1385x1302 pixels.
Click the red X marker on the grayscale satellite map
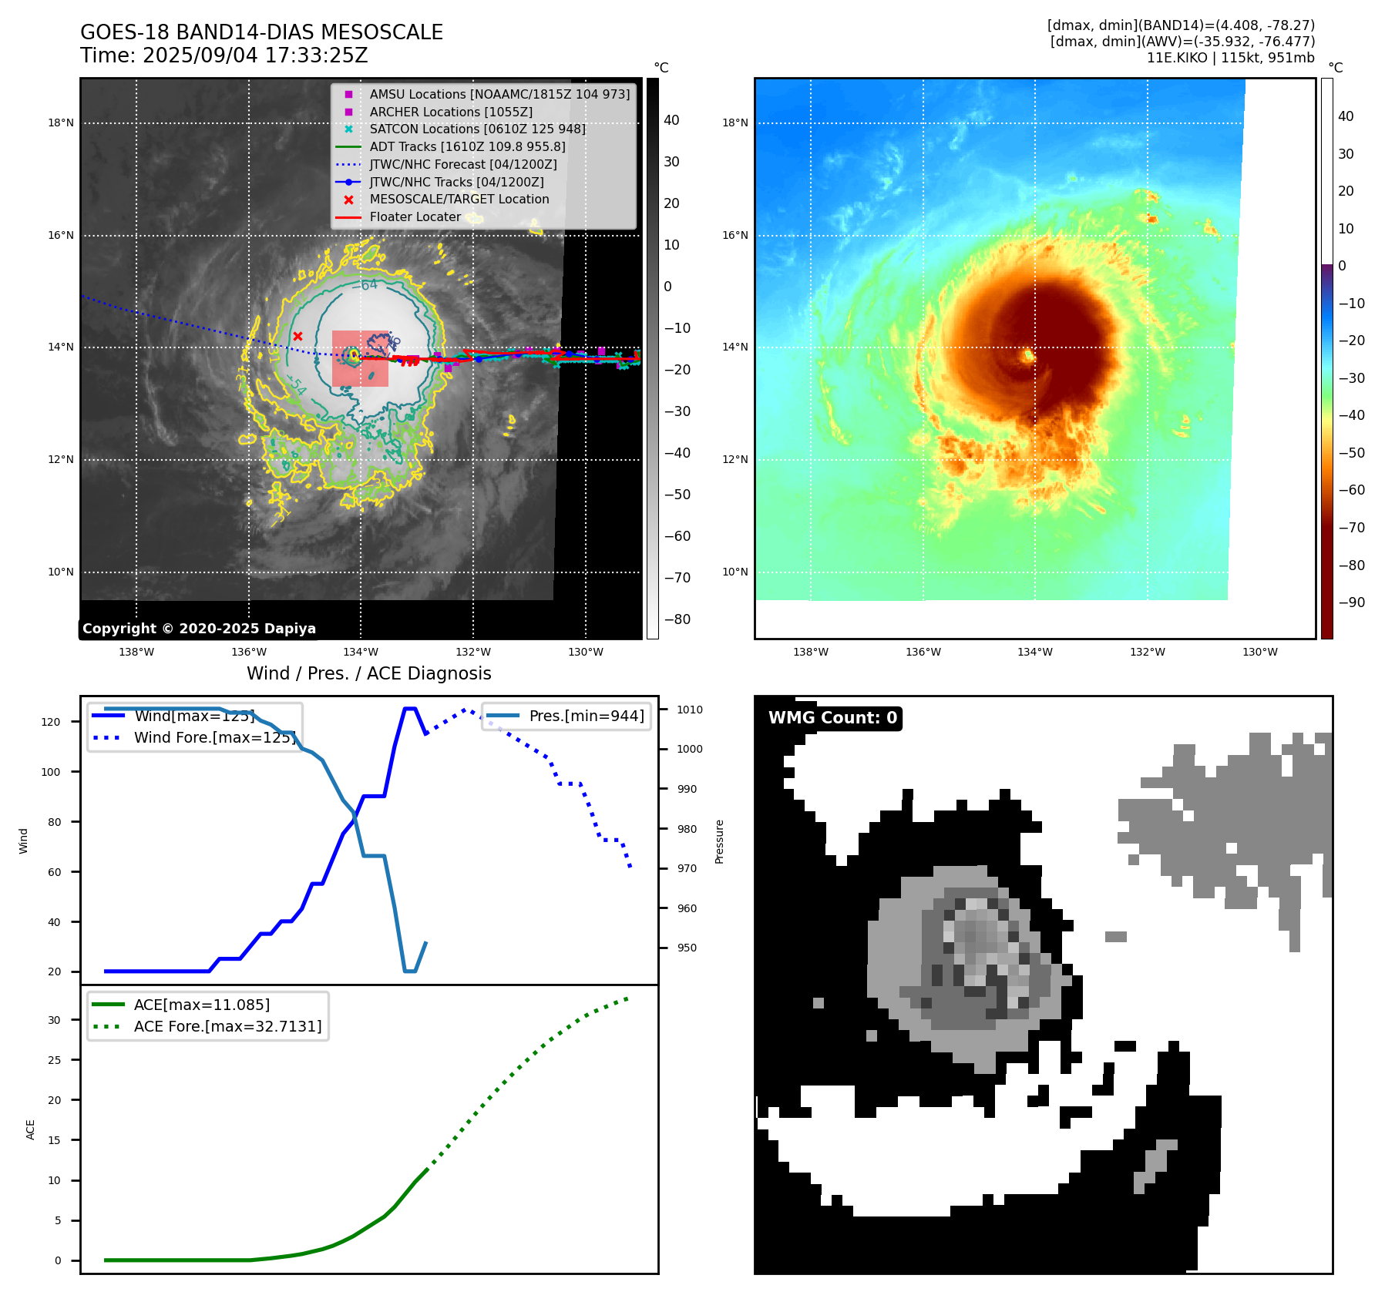(298, 336)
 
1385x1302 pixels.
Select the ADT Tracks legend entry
(467, 146)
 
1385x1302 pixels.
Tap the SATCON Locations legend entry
(477, 129)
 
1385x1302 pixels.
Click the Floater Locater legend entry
(415, 216)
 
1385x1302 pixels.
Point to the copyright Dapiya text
(199, 629)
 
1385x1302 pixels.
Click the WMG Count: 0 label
(832, 718)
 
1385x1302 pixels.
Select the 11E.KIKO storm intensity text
(1230, 58)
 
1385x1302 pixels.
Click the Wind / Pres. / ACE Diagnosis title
(368, 673)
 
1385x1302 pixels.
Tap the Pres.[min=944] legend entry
(586, 716)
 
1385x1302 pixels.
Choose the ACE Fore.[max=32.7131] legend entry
(227, 1026)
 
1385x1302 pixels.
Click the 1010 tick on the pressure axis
(690, 710)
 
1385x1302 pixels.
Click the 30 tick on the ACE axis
(54, 1020)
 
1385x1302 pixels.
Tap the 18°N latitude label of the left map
(61, 122)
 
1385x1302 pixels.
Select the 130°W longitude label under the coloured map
(1259, 652)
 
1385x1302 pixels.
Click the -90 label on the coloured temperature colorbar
(1351, 602)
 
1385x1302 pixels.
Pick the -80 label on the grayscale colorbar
(677, 619)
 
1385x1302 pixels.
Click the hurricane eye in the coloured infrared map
(1028, 356)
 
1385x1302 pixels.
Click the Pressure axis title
(719, 841)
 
